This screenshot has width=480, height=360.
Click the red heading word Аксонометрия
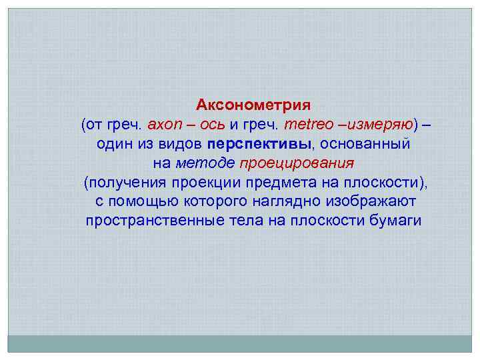tap(253, 105)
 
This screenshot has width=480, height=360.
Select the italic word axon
tap(165, 125)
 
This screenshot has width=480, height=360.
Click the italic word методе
tap(205, 163)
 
